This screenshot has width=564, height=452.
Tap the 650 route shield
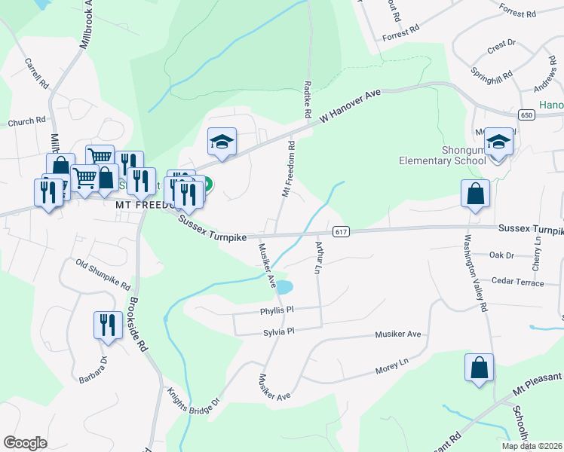(x=527, y=115)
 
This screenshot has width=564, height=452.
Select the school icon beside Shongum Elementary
(x=498, y=141)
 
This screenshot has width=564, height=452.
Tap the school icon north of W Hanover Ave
(x=222, y=141)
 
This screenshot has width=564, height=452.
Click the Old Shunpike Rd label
(x=103, y=275)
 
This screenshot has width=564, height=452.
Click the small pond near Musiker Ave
(x=284, y=287)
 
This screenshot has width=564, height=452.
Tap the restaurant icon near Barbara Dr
(x=107, y=325)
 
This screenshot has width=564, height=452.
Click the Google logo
(x=26, y=443)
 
